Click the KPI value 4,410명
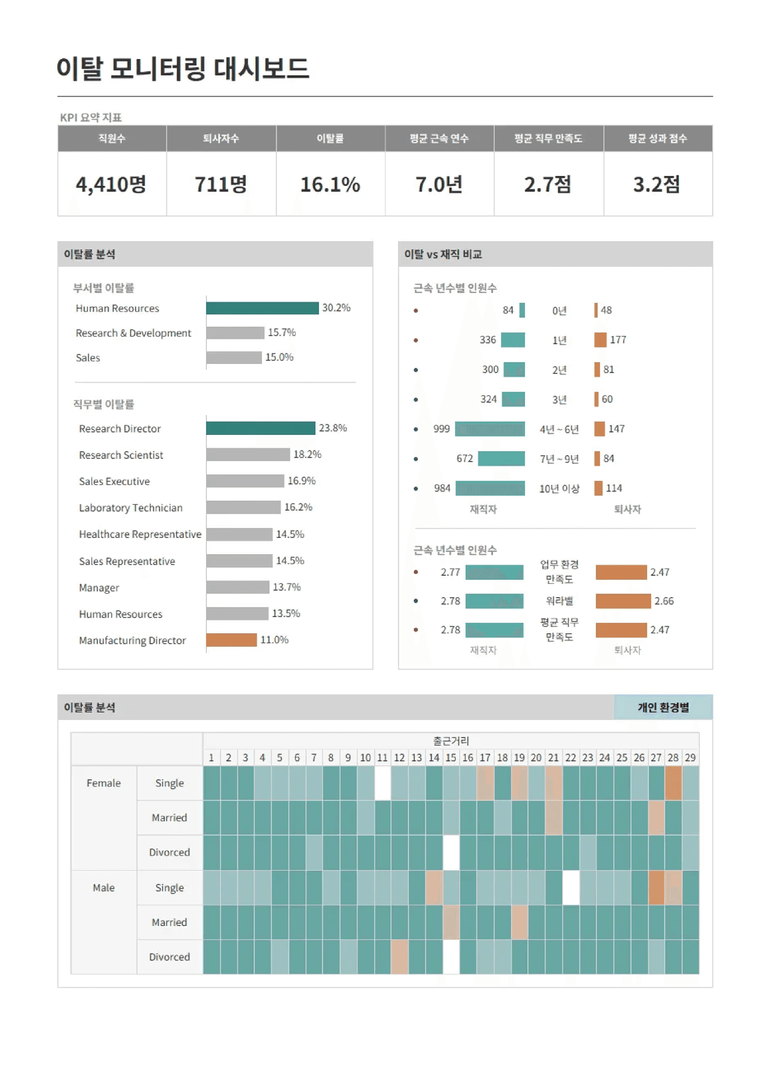[111, 184]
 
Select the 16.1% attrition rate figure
[330, 184]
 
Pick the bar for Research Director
[260, 428]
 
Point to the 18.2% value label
[307, 454]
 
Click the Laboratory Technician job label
[131, 508]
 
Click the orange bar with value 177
[600, 340]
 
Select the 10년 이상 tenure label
[559, 488]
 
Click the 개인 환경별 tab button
[663, 707]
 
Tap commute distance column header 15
[451, 757]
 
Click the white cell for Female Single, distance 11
[382, 783]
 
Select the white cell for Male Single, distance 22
[570, 888]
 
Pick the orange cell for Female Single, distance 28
[673, 783]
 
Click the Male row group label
[104, 888]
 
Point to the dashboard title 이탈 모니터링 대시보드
[183, 68]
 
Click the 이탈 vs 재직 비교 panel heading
[443, 254]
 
